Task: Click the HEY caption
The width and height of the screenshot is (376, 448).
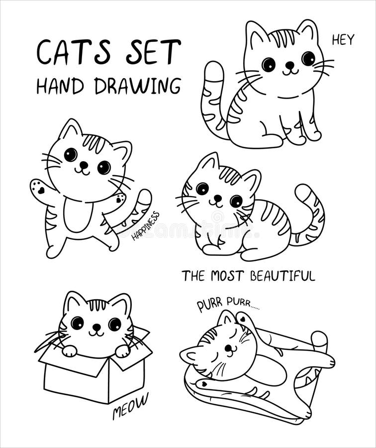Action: point(343,40)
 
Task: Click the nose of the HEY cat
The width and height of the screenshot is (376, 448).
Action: point(289,65)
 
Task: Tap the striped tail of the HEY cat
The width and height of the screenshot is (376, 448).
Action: point(212,100)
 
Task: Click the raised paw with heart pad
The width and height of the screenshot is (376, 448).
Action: point(39,189)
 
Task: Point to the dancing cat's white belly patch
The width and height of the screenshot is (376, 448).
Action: point(78,215)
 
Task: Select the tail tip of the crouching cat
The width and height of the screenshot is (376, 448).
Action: point(302,192)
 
